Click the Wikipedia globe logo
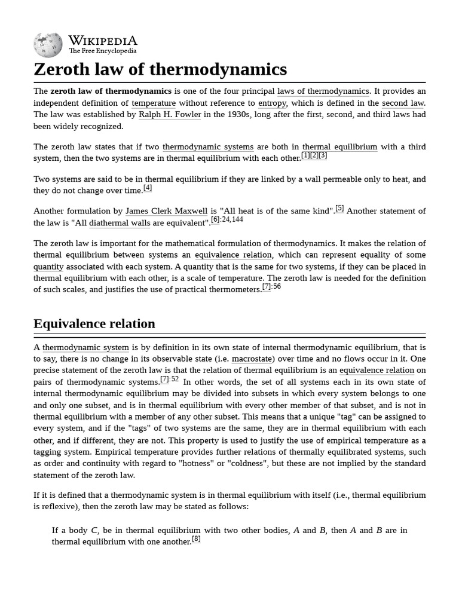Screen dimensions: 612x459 pos(48,45)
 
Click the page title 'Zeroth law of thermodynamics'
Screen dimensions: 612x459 pos(160,69)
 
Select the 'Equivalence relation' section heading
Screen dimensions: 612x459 pos(94,324)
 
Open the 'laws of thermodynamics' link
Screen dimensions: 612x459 pos(323,91)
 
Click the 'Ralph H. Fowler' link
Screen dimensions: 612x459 pos(170,115)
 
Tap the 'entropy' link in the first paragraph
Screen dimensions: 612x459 pos(272,103)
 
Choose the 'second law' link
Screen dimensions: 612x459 pos(403,103)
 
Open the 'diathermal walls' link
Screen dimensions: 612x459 pos(120,223)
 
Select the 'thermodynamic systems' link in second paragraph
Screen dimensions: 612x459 pos(208,147)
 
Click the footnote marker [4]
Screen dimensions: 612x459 pos(148,188)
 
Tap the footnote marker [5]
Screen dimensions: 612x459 pos(339,209)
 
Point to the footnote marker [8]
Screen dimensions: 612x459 pos(196,539)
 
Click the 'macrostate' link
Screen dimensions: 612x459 pos(253,359)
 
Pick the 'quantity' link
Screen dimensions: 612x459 pos(48,267)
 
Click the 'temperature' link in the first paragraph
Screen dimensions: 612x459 pos(154,103)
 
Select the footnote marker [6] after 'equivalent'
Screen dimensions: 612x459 pos(215,219)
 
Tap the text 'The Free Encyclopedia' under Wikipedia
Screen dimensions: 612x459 pos(102,51)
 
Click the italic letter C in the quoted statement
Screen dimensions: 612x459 pos(94,530)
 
